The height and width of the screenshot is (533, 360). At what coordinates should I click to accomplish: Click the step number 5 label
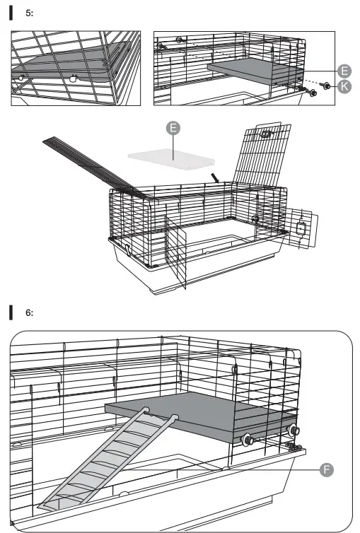pyautogui.click(x=29, y=13)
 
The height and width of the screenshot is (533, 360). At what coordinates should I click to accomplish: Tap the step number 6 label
pyautogui.click(x=29, y=312)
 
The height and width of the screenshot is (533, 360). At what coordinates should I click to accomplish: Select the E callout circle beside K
pyautogui.click(x=344, y=71)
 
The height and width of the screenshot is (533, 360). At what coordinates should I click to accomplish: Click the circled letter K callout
pyautogui.click(x=344, y=86)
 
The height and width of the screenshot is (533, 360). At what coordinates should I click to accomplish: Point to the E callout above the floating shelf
pyautogui.click(x=173, y=128)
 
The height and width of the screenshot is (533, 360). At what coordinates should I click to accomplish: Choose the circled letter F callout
pyautogui.click(x=327, y=470)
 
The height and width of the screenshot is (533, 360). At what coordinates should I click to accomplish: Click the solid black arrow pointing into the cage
pyautogui.click(x=215, y=177)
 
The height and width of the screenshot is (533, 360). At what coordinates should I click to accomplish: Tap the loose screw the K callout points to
pyautogui.click(x=325, y=86)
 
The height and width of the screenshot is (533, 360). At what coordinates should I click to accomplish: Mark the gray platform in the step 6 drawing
pyautogui.click(x=201, y=416)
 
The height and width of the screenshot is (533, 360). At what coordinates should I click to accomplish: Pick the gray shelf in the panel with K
pyautogui.click(x=255, y=71)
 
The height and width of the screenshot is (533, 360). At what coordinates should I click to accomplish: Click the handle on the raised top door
pyautogui.click(x=266, y=134)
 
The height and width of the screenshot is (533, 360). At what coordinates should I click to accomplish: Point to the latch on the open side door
pyautogui.click(x=301, y=228)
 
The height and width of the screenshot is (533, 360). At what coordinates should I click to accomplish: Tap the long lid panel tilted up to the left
pyautogui.click(x=97, y=168)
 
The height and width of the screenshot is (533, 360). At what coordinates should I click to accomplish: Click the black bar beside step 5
pyautogui.click(x=11, y=13)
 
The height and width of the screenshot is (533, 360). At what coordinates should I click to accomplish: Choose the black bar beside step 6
pyautogui.click(x=11, y=312)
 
